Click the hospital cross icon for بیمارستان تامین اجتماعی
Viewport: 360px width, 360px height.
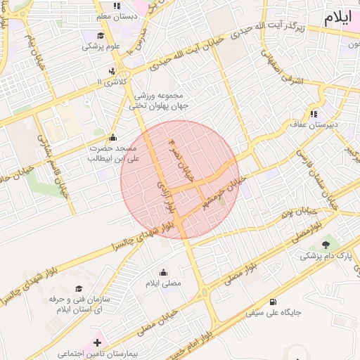click(97, 342)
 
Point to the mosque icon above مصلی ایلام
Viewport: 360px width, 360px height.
click(163, 272)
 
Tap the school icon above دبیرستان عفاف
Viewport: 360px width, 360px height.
click(314, 114)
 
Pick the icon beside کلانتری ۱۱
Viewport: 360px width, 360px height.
click(112, 71)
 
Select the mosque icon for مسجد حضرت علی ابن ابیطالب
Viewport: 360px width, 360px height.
click(112, 137)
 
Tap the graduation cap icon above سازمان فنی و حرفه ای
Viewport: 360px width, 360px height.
click(79, 288)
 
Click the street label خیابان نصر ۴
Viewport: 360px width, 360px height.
click(181, 161)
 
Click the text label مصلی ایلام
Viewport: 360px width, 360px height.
click(163, 283)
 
